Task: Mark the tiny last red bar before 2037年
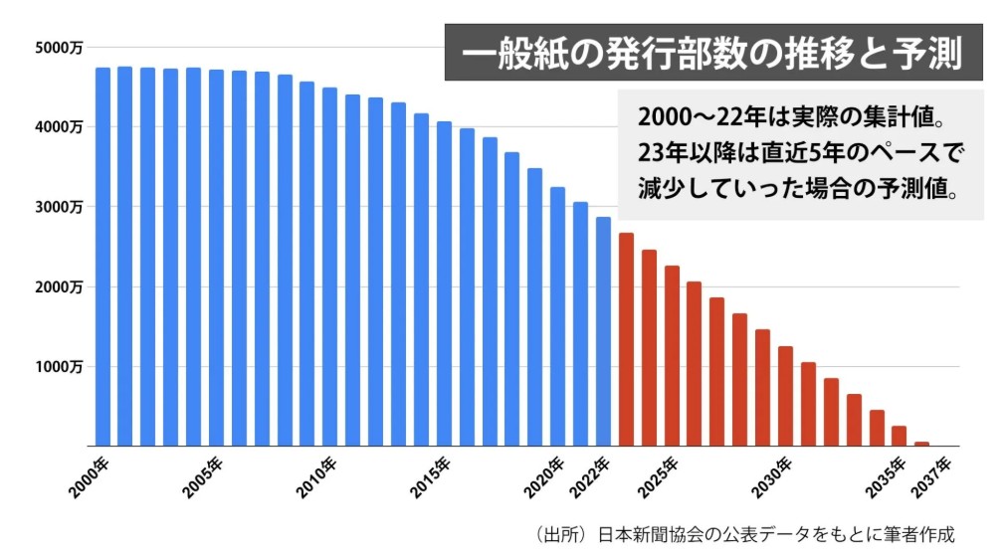[921, 444]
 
